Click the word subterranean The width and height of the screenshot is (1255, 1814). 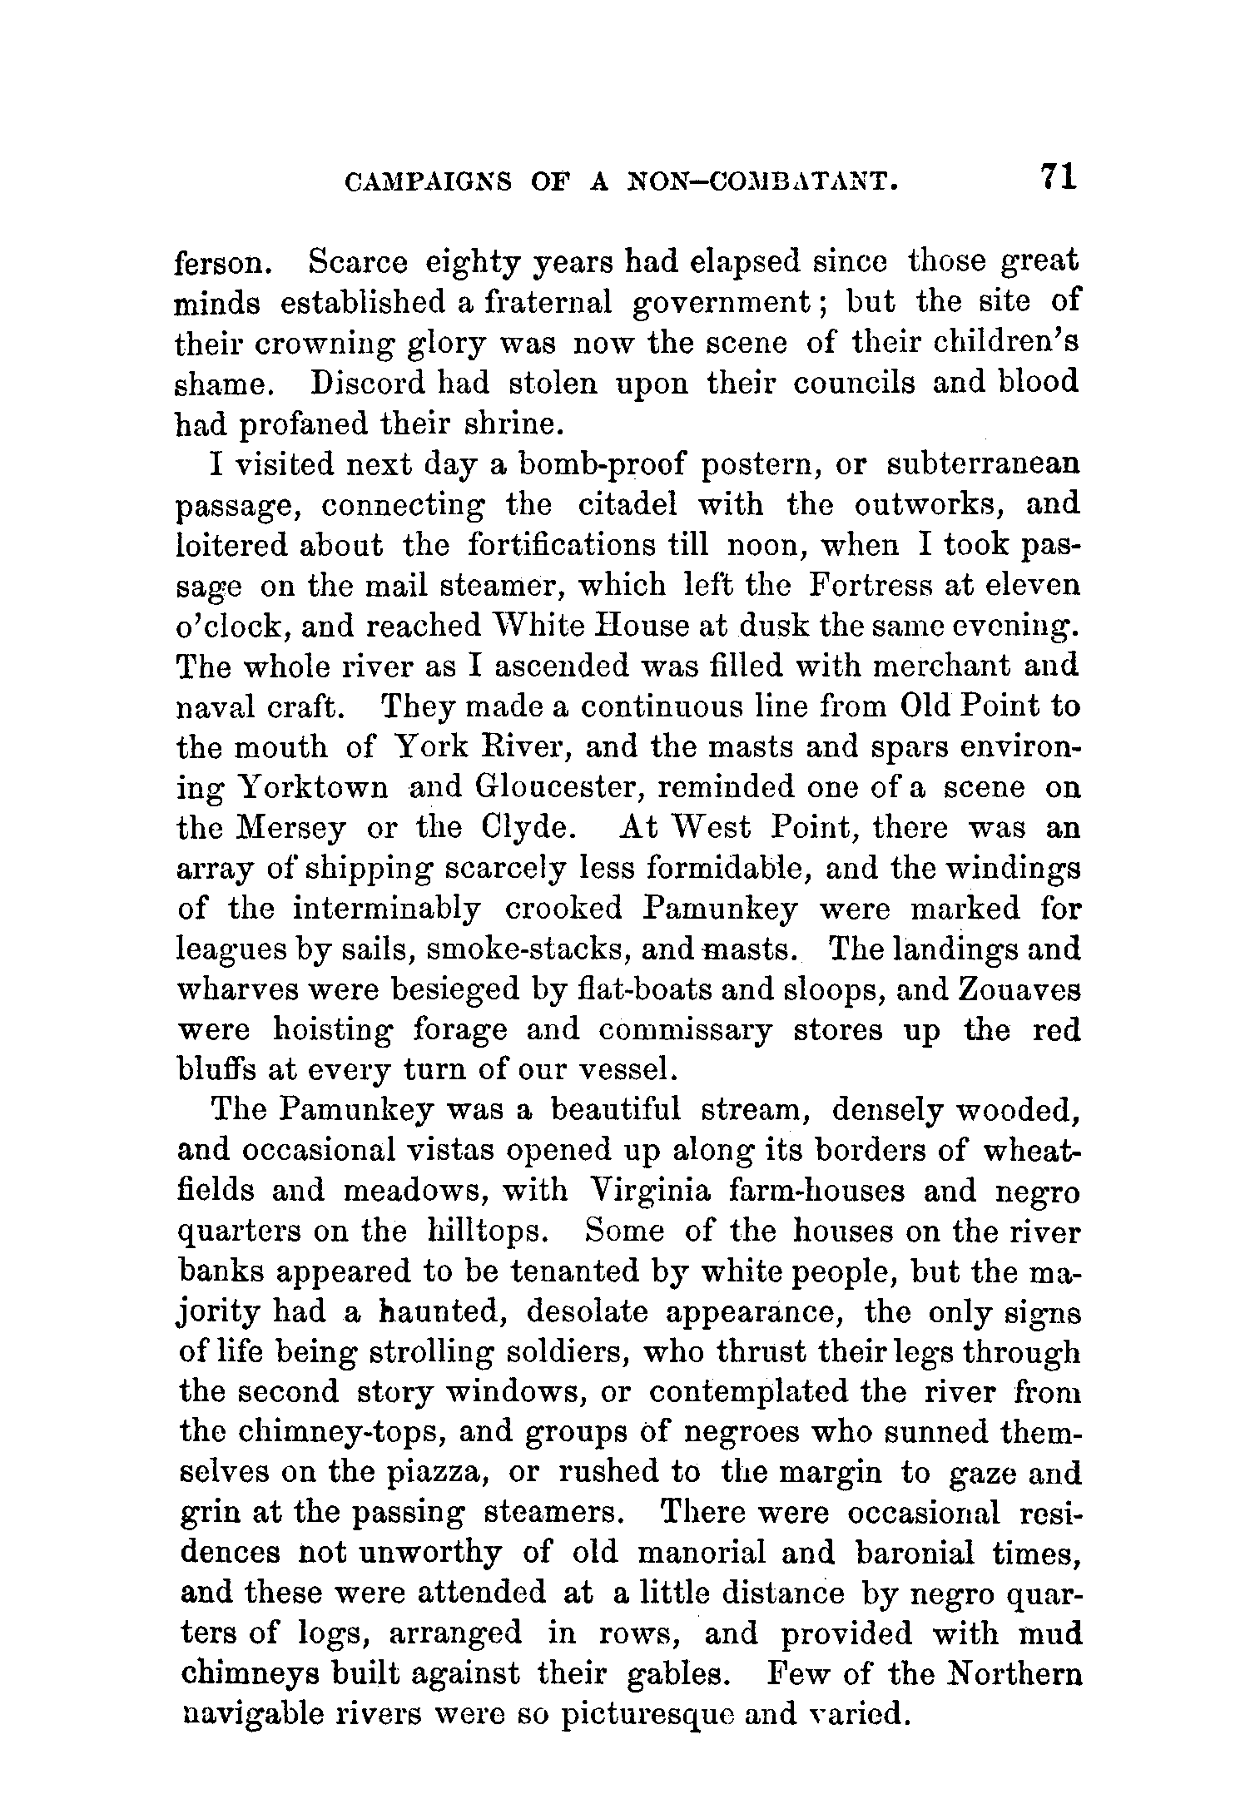pyautogui.click(x=984, y=464)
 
